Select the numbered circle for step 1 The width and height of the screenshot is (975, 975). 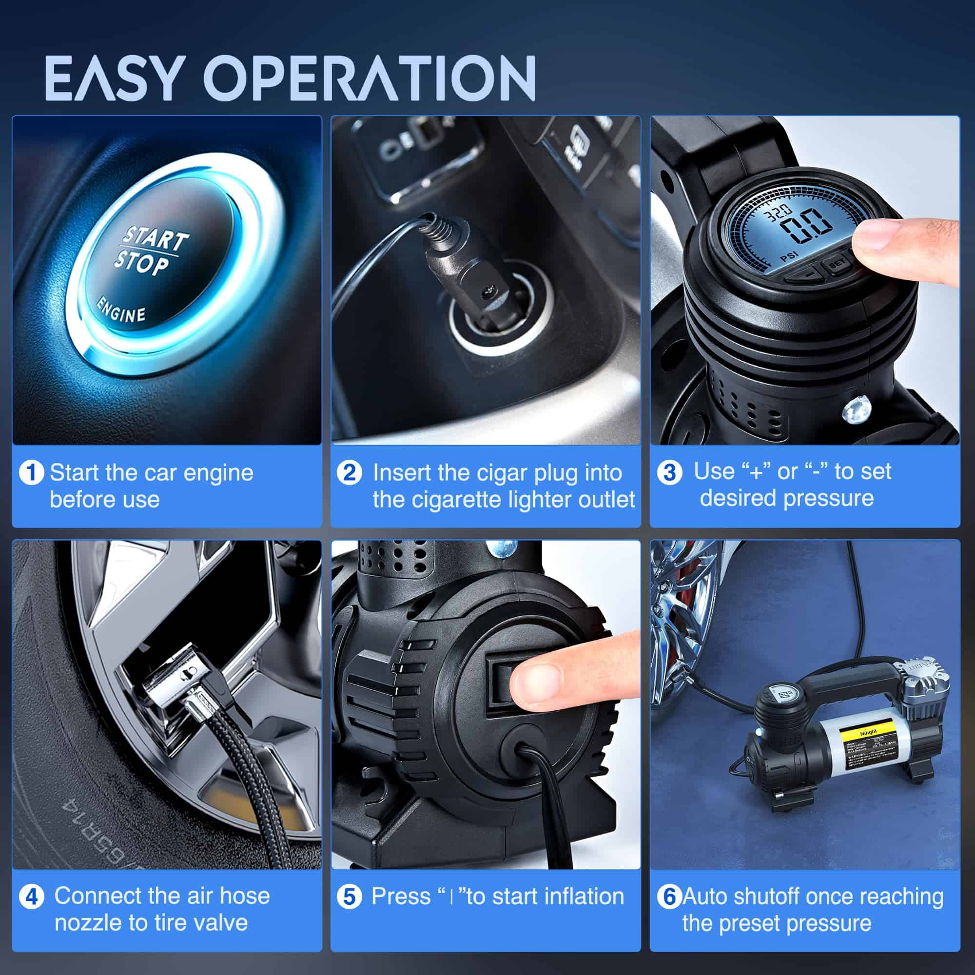(31, 473)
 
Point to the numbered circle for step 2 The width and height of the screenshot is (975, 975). (350, 473)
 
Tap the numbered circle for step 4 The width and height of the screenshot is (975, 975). (31, 897)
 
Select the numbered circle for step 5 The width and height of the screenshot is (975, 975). (350, 897)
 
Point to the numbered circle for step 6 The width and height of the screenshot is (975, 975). (669, 897)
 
